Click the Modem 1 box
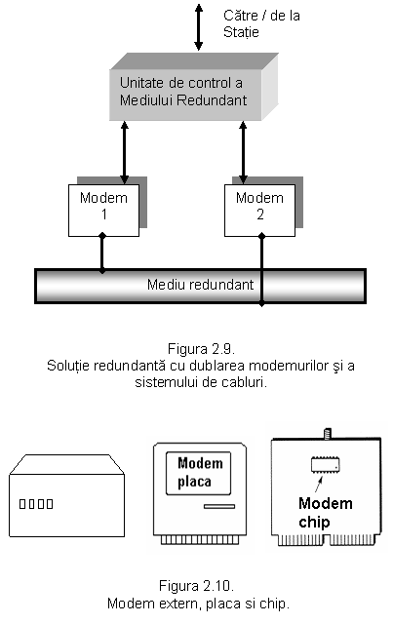(x=103, y=211)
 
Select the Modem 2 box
(x=259, y=211)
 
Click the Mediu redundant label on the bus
(x=200, y=285)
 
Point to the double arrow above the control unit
(x=198, y=27)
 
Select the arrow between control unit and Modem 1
(x=124, y=152)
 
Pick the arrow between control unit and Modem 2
(x=243, y=152)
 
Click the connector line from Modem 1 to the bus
(x=102, y=253)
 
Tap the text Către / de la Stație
(x=261, y=23)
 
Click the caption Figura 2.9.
(x=201, y=349)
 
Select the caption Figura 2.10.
(x=196, y=586)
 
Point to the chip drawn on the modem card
(x=326, y=465)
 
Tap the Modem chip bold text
(x=326, y=513)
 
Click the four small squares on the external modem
(x=36, y=504)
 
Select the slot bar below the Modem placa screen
(x=219, y=507)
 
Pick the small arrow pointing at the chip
(x=318, y=484)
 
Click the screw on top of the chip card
(x=327, y=434)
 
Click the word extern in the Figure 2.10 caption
(x=180, y=604)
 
